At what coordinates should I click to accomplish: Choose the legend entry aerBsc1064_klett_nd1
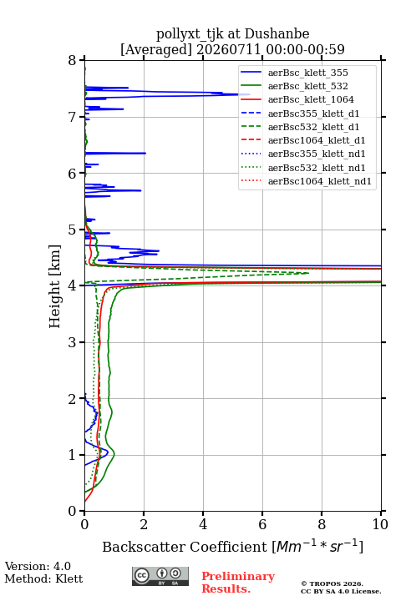tap(307, 181)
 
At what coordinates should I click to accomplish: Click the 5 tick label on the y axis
tap(73, 230)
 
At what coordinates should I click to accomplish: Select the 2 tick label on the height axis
tap(73, 399)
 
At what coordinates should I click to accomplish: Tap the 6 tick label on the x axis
tap(262, 524)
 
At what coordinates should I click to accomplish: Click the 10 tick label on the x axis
tap(380, 524)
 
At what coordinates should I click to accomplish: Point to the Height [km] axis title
tap(55, 286)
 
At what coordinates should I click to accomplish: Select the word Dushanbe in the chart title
tap(277, 33)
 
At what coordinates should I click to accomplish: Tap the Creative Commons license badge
tap(160, 576)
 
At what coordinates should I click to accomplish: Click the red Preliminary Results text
tap(238, 583)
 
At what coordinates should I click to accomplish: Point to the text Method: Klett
tap(43, 578)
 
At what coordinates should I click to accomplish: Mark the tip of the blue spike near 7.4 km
tap(250, 94)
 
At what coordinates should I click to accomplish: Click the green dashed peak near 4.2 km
tap(308, 273)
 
